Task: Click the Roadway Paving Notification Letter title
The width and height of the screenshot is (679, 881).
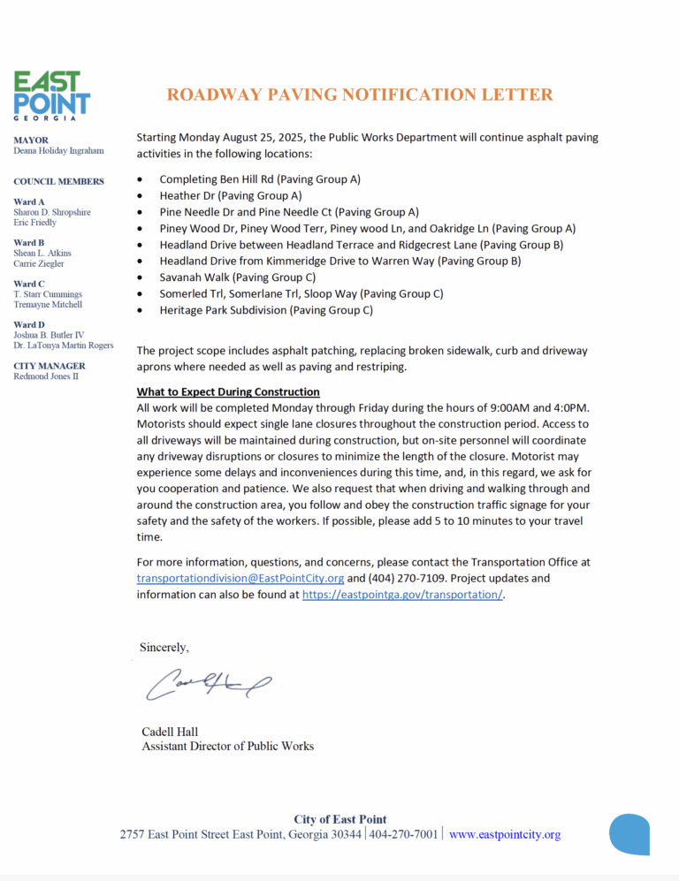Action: click(360, 95)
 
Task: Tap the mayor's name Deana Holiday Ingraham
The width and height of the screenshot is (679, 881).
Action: click(58, 151)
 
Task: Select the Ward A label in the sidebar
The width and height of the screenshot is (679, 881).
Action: click(30, 201)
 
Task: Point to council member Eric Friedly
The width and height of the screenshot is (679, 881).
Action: click(35, 223)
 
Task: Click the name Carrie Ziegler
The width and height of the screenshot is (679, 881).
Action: click(39, 263)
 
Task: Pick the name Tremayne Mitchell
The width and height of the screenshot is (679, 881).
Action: click(48, 304)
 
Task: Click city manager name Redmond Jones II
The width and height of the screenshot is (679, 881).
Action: click(46, 376)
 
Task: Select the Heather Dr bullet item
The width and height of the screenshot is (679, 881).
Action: click(230, 195)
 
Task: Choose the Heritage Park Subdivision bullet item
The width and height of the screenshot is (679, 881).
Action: click(265, 310)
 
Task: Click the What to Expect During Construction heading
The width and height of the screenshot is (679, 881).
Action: click(228, 391)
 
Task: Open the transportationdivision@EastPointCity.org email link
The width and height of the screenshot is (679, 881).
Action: click(240, 578)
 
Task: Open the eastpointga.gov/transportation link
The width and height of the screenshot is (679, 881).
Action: click(402, 595)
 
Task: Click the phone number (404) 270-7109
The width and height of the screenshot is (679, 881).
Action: click(403, 578)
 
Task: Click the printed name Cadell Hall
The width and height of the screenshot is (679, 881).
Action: click(170, 732)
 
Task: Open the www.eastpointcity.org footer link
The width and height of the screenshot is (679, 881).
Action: click(504, 835)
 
